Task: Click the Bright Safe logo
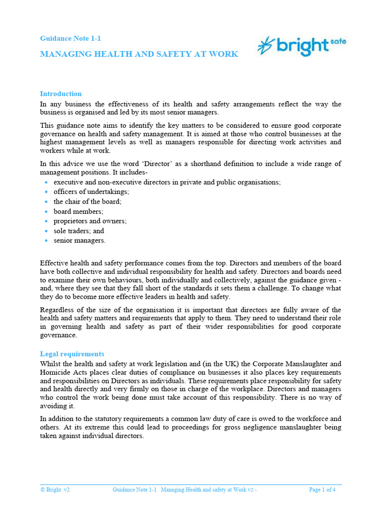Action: (x=301, y=46)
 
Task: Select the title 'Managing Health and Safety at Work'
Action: (x=139, y=54)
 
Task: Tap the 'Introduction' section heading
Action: (x=61, y=93)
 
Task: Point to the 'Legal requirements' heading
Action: (x=72, y=354)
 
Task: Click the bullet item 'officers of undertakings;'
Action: (x=91, y=192)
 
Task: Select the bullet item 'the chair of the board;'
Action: (x=88, y=202)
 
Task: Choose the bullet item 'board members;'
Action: (x=79, y=211)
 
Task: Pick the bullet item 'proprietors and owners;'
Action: (x=90, y=221)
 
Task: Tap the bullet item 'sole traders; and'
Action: (x=79, y=231)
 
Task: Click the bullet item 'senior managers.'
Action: (x=80, y=241)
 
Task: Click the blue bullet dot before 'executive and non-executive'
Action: (x=46, y=182)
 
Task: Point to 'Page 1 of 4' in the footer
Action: (x=322, y=490)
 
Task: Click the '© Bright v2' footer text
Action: (x=55, y=490)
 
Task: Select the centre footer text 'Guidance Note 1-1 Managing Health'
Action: (x=184, y=490)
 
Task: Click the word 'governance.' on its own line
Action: (x=59, y=335)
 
